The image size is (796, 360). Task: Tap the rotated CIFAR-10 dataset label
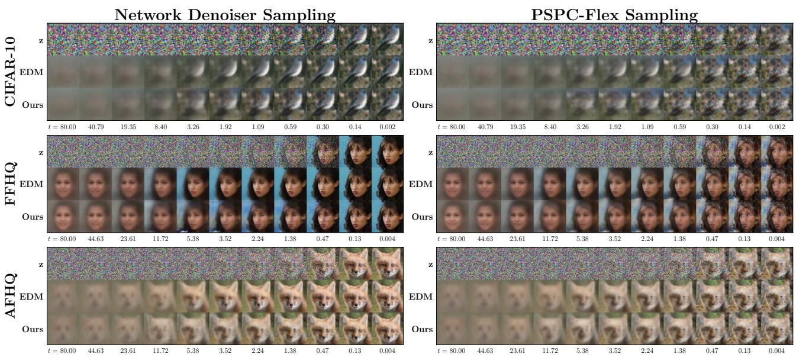pyautogui.click(x=11, y=72)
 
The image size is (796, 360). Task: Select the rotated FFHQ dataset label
pyautogui.click(x=11, y=184)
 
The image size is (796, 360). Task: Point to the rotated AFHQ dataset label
pyautogui.click(x=11, y=295)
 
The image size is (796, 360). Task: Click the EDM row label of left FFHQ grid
pyautogui.click(x=34, y=184)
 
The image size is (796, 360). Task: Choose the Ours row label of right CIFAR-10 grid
pyautogui.click(x=423, y=105)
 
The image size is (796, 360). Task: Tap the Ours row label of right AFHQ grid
pyautogui.click(x=423, y=328)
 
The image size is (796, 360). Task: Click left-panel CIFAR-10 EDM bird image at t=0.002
pyautogui.click(x=388, y=72)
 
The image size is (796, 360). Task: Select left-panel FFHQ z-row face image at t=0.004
pyautogui.click(x=388, y=151)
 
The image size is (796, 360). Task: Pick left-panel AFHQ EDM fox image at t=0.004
pyautogui.click(x=388, y=295)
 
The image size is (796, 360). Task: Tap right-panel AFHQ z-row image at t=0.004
pyautogui.click(x=776, y=263)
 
